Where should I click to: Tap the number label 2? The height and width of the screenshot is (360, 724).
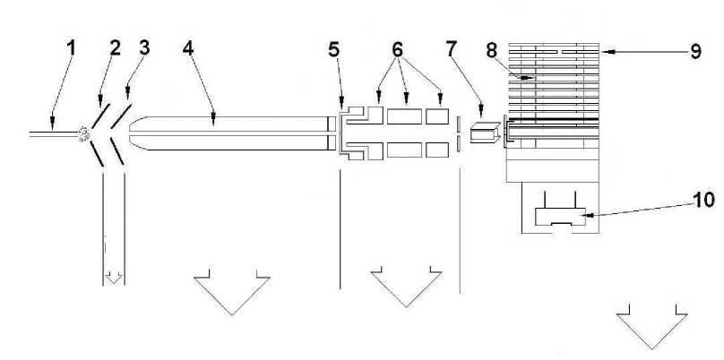click(x=115, y=47)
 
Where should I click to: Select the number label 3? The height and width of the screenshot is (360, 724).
click(x=144, y=47)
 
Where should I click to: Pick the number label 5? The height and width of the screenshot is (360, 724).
click(x=333, y=50)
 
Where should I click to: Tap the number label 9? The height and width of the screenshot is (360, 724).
click(x=694, y=51)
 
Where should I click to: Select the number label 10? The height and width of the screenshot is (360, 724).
click(x=702, y=200)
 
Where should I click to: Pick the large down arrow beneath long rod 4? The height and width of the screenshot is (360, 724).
click(x=232, y=291)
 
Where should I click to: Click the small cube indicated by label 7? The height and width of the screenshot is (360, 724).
click(x=485, y=133)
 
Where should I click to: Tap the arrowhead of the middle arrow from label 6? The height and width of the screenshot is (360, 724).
click(x=406, y=101)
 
